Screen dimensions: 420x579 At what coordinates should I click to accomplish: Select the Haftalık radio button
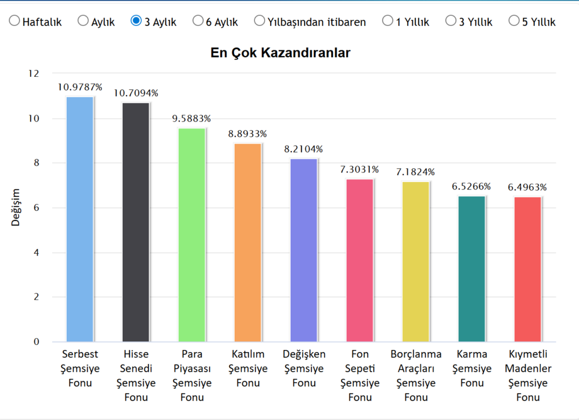coord(14,21)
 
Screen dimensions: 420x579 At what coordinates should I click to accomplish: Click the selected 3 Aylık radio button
coord(136,21)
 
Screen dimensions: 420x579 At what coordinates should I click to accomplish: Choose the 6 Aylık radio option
coord(198,21)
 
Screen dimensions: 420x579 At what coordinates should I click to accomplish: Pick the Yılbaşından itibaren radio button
coord(260,21)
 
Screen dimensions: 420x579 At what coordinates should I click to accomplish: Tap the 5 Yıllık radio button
coord(514,21)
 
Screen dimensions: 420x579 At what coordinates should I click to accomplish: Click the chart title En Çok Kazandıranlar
coord(280,53)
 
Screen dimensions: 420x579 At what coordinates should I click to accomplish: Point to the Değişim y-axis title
coord(16,207)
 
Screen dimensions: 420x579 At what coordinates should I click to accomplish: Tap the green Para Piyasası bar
coord(192,235)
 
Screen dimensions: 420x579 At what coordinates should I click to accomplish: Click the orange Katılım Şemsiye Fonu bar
coord(248,243)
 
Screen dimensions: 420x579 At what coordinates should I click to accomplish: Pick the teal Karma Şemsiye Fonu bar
coord(472,269)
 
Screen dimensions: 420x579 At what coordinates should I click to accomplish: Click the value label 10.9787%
coord(80,87)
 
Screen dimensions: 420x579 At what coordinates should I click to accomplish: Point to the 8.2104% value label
coord(304,149)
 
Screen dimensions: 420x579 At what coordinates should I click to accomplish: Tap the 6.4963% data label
coord(528,187)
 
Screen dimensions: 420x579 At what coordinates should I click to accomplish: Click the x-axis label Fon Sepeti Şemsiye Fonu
coord(360,375)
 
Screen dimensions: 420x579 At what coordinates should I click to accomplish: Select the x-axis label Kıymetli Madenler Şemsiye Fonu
coord(528,375)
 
